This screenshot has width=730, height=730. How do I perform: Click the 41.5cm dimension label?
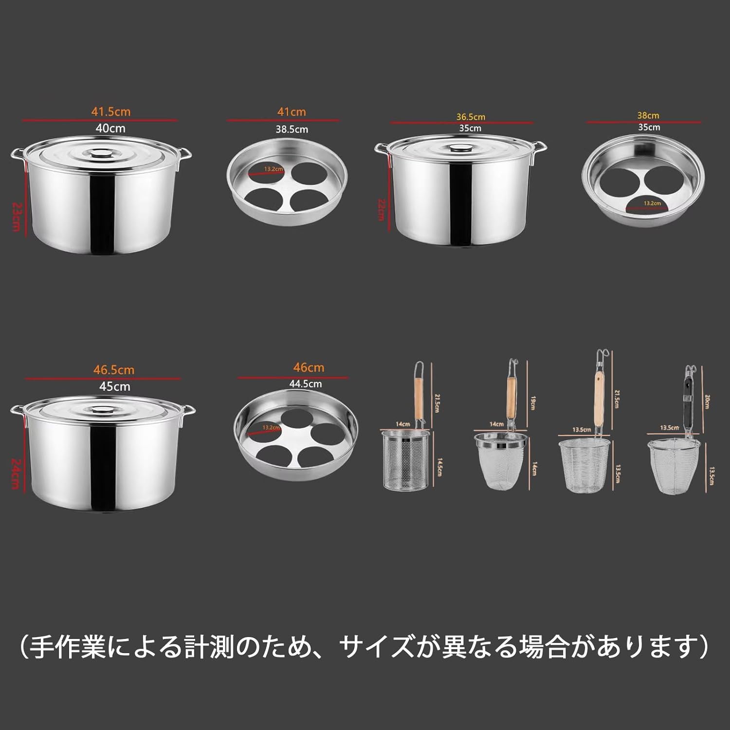(x=111, y=111)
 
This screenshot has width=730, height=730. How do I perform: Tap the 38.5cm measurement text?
(x=292, y=129)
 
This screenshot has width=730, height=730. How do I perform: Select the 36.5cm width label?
(x=471, y=117)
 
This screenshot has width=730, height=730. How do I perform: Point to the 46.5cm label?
(x=114, y=370)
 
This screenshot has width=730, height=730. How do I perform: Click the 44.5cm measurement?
(x=305, y=384)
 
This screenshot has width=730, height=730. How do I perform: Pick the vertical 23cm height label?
(x=16, y=217)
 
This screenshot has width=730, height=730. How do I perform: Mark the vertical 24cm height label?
(x=16, y=474)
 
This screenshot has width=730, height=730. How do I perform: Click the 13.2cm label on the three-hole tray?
(x=652, y=203)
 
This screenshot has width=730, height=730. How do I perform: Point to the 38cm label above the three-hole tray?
(x=648, y=116)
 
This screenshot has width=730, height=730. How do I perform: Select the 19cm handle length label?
(x=532, y=403)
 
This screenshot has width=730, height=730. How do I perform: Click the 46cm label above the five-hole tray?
(x=309, y=367)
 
